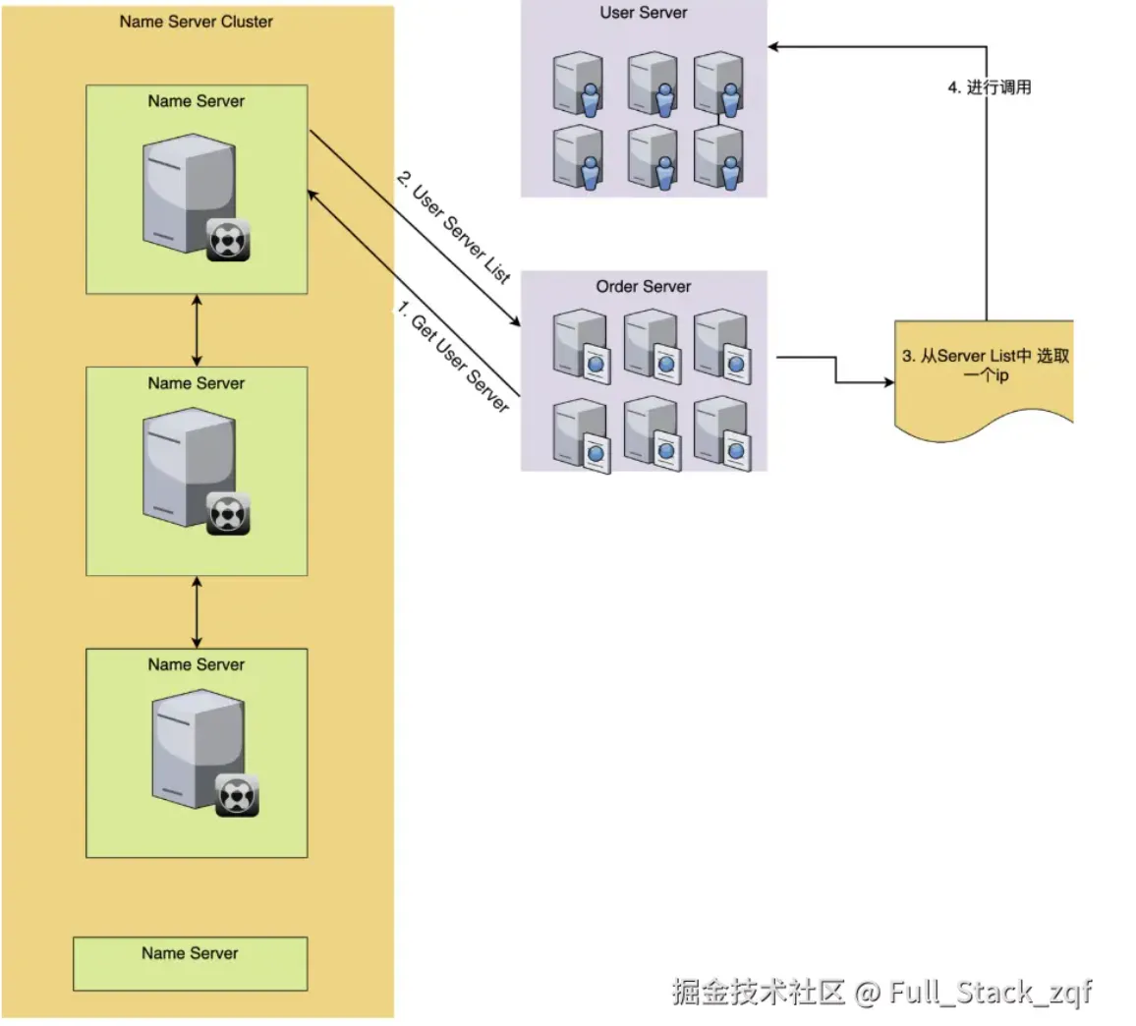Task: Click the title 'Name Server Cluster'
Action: (196, 22)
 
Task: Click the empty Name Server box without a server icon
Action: (190, 963)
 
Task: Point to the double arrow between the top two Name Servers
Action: (197, 330)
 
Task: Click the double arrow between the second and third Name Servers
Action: (197, 611)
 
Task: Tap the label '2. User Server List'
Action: (453, 227)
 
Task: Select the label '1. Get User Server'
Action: (453, 357)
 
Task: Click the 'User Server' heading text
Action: (643, 13)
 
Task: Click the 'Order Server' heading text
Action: (643, 287)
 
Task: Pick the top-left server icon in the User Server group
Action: (576, 83)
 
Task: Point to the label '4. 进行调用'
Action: (989, 87)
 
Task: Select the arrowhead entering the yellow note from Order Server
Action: (888, 381)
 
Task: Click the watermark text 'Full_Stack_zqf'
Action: (990, 992)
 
